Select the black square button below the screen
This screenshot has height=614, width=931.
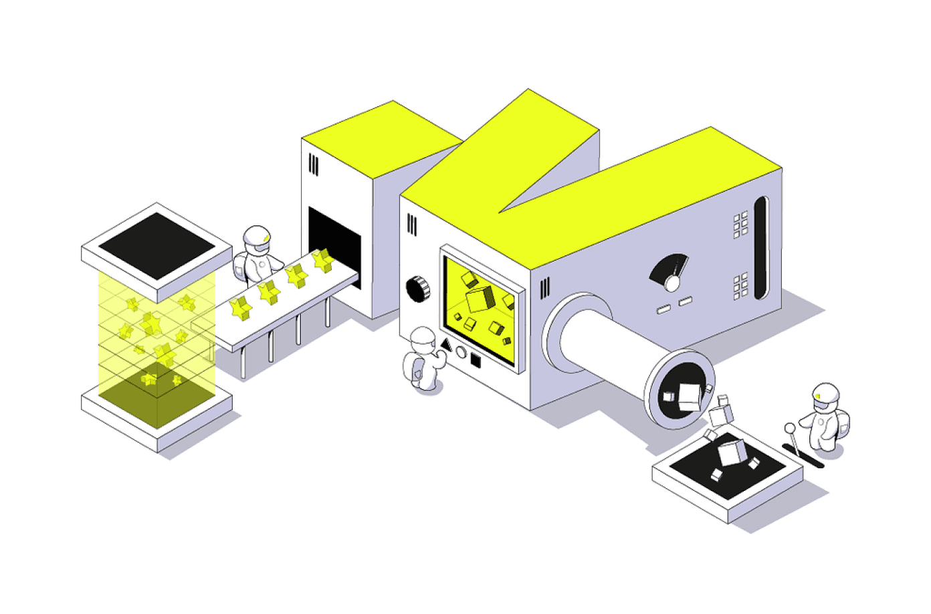[476, 361]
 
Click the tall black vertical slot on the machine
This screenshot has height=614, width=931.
[760, 247]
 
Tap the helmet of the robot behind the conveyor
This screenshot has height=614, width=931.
[257, 239]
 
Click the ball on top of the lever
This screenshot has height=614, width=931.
[790, 428]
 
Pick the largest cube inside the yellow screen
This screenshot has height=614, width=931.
[480, 299]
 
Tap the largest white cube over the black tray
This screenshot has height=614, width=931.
[731, 451]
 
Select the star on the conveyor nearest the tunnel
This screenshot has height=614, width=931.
[324, 260]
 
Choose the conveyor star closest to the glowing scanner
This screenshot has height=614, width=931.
[240, 308]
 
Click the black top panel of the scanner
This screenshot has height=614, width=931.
[157, 245]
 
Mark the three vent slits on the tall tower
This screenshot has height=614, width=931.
[313, 165]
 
